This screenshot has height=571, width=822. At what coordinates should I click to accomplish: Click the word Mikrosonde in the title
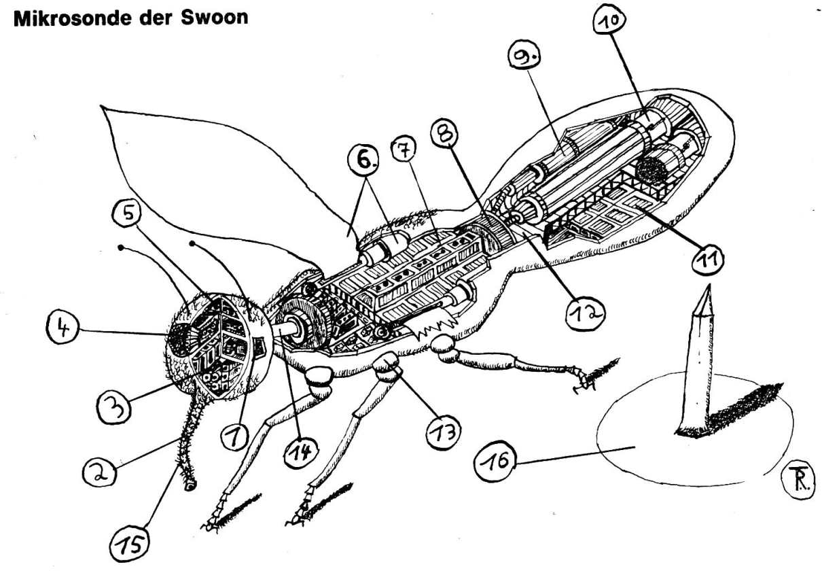[72, 18]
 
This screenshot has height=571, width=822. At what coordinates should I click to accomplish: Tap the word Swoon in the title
[214, 17]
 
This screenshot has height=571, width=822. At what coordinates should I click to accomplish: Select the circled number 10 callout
[609, 20]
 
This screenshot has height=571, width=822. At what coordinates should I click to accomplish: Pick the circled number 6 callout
[363, 161]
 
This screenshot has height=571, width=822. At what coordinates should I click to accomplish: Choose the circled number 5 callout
[128, 214]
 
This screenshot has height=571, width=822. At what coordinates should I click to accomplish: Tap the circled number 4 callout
[62, 328]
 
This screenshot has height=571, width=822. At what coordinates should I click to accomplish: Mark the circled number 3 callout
[114, 408]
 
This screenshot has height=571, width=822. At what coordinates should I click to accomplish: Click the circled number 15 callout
[130, 545]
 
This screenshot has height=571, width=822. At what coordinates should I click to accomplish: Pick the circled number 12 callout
[585, 313]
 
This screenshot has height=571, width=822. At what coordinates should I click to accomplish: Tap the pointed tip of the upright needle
[709, 285]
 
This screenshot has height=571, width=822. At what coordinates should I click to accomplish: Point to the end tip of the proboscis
[190, 487]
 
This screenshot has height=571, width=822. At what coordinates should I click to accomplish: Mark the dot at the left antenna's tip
[120, 248]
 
